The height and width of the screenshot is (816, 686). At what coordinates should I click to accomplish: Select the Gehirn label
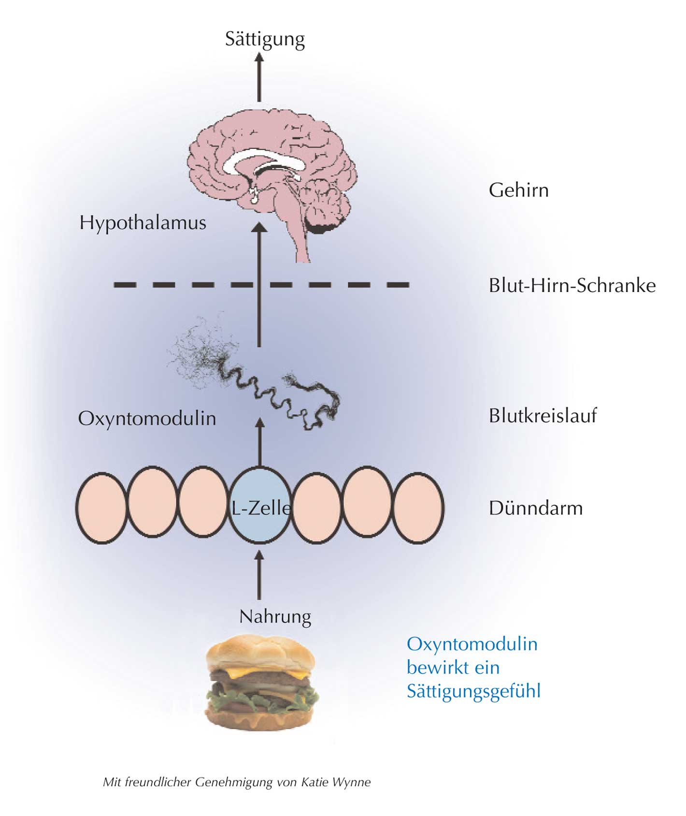(518, 190)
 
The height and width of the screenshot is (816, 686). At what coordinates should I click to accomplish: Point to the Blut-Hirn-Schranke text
(572, 286)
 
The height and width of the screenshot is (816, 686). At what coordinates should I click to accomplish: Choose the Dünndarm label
(535, 508)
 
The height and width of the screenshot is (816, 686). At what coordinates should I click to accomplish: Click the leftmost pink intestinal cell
(101, 506)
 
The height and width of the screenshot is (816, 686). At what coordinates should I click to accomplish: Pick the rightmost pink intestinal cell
(418, 506)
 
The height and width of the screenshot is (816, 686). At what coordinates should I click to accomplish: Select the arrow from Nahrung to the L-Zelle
(260, 575)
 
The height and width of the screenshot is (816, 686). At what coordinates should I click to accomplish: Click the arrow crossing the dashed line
(260, 285)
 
